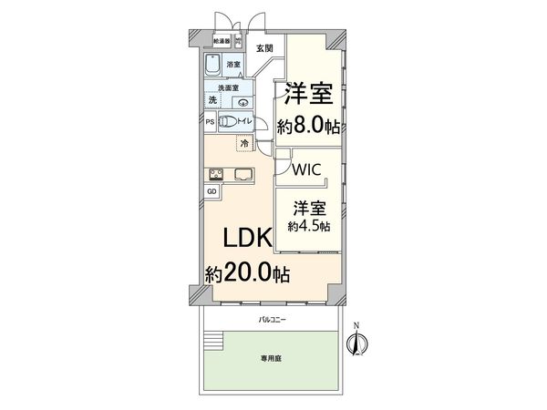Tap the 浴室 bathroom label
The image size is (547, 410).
pyautogui.click(x=233, y=65)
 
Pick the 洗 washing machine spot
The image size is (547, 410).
pyautogui.click(x=212, y=100)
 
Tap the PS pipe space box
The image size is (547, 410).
pyautogui.click(x=210, y=122)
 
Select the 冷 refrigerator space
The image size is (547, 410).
pyautogui.click(x=244, y=143)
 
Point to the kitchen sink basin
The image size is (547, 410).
pyautogui.click(x=244, y=174)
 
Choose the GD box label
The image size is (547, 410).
pyautogui.click(x=212, y=191)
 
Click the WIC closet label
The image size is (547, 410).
pyautogui.click(x=305, y=169)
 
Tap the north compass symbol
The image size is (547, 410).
pyautogui.click(x=358, y=343)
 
